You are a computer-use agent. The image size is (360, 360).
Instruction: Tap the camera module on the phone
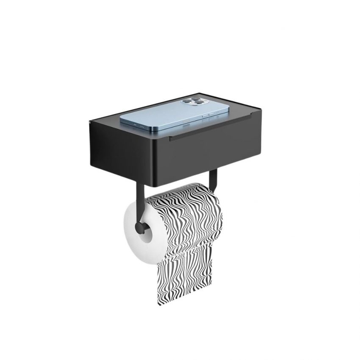pos(191,102)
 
